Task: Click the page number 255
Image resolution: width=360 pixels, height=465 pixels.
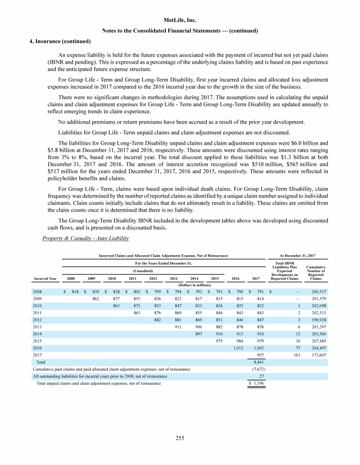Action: (x=180, y=438)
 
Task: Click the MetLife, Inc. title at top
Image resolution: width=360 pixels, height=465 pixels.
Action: (x=180, y=20)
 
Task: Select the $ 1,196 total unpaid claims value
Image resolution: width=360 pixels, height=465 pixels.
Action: (x=257, y=384)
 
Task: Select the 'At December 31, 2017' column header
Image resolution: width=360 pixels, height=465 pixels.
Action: (x=297, y=255)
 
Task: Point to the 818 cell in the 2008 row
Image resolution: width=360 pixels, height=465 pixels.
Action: (x=74, y=291)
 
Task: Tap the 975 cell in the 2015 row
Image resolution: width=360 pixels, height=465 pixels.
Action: (x=218, y=341)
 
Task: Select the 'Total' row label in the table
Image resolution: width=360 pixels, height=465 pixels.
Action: (x=41, y=362)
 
